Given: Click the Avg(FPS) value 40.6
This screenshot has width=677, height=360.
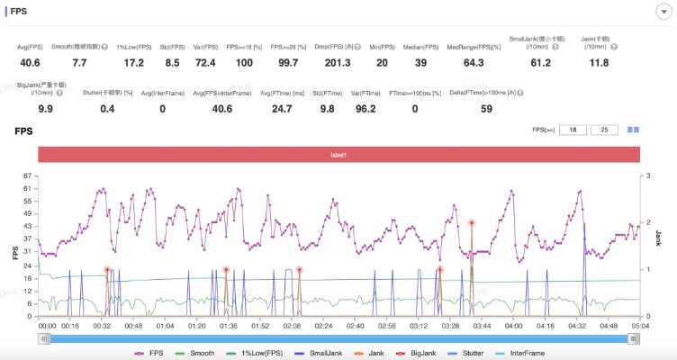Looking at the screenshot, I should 30,62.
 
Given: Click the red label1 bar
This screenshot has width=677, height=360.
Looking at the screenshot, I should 338,154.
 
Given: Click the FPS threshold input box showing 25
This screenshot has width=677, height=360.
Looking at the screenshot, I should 604,130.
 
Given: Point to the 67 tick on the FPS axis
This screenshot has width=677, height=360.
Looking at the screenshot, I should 28,176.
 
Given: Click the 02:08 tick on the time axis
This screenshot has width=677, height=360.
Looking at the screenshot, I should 292,326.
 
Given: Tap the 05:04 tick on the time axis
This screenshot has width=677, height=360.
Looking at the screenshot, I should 639,326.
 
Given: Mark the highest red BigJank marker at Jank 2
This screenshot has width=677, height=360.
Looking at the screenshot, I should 471,222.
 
